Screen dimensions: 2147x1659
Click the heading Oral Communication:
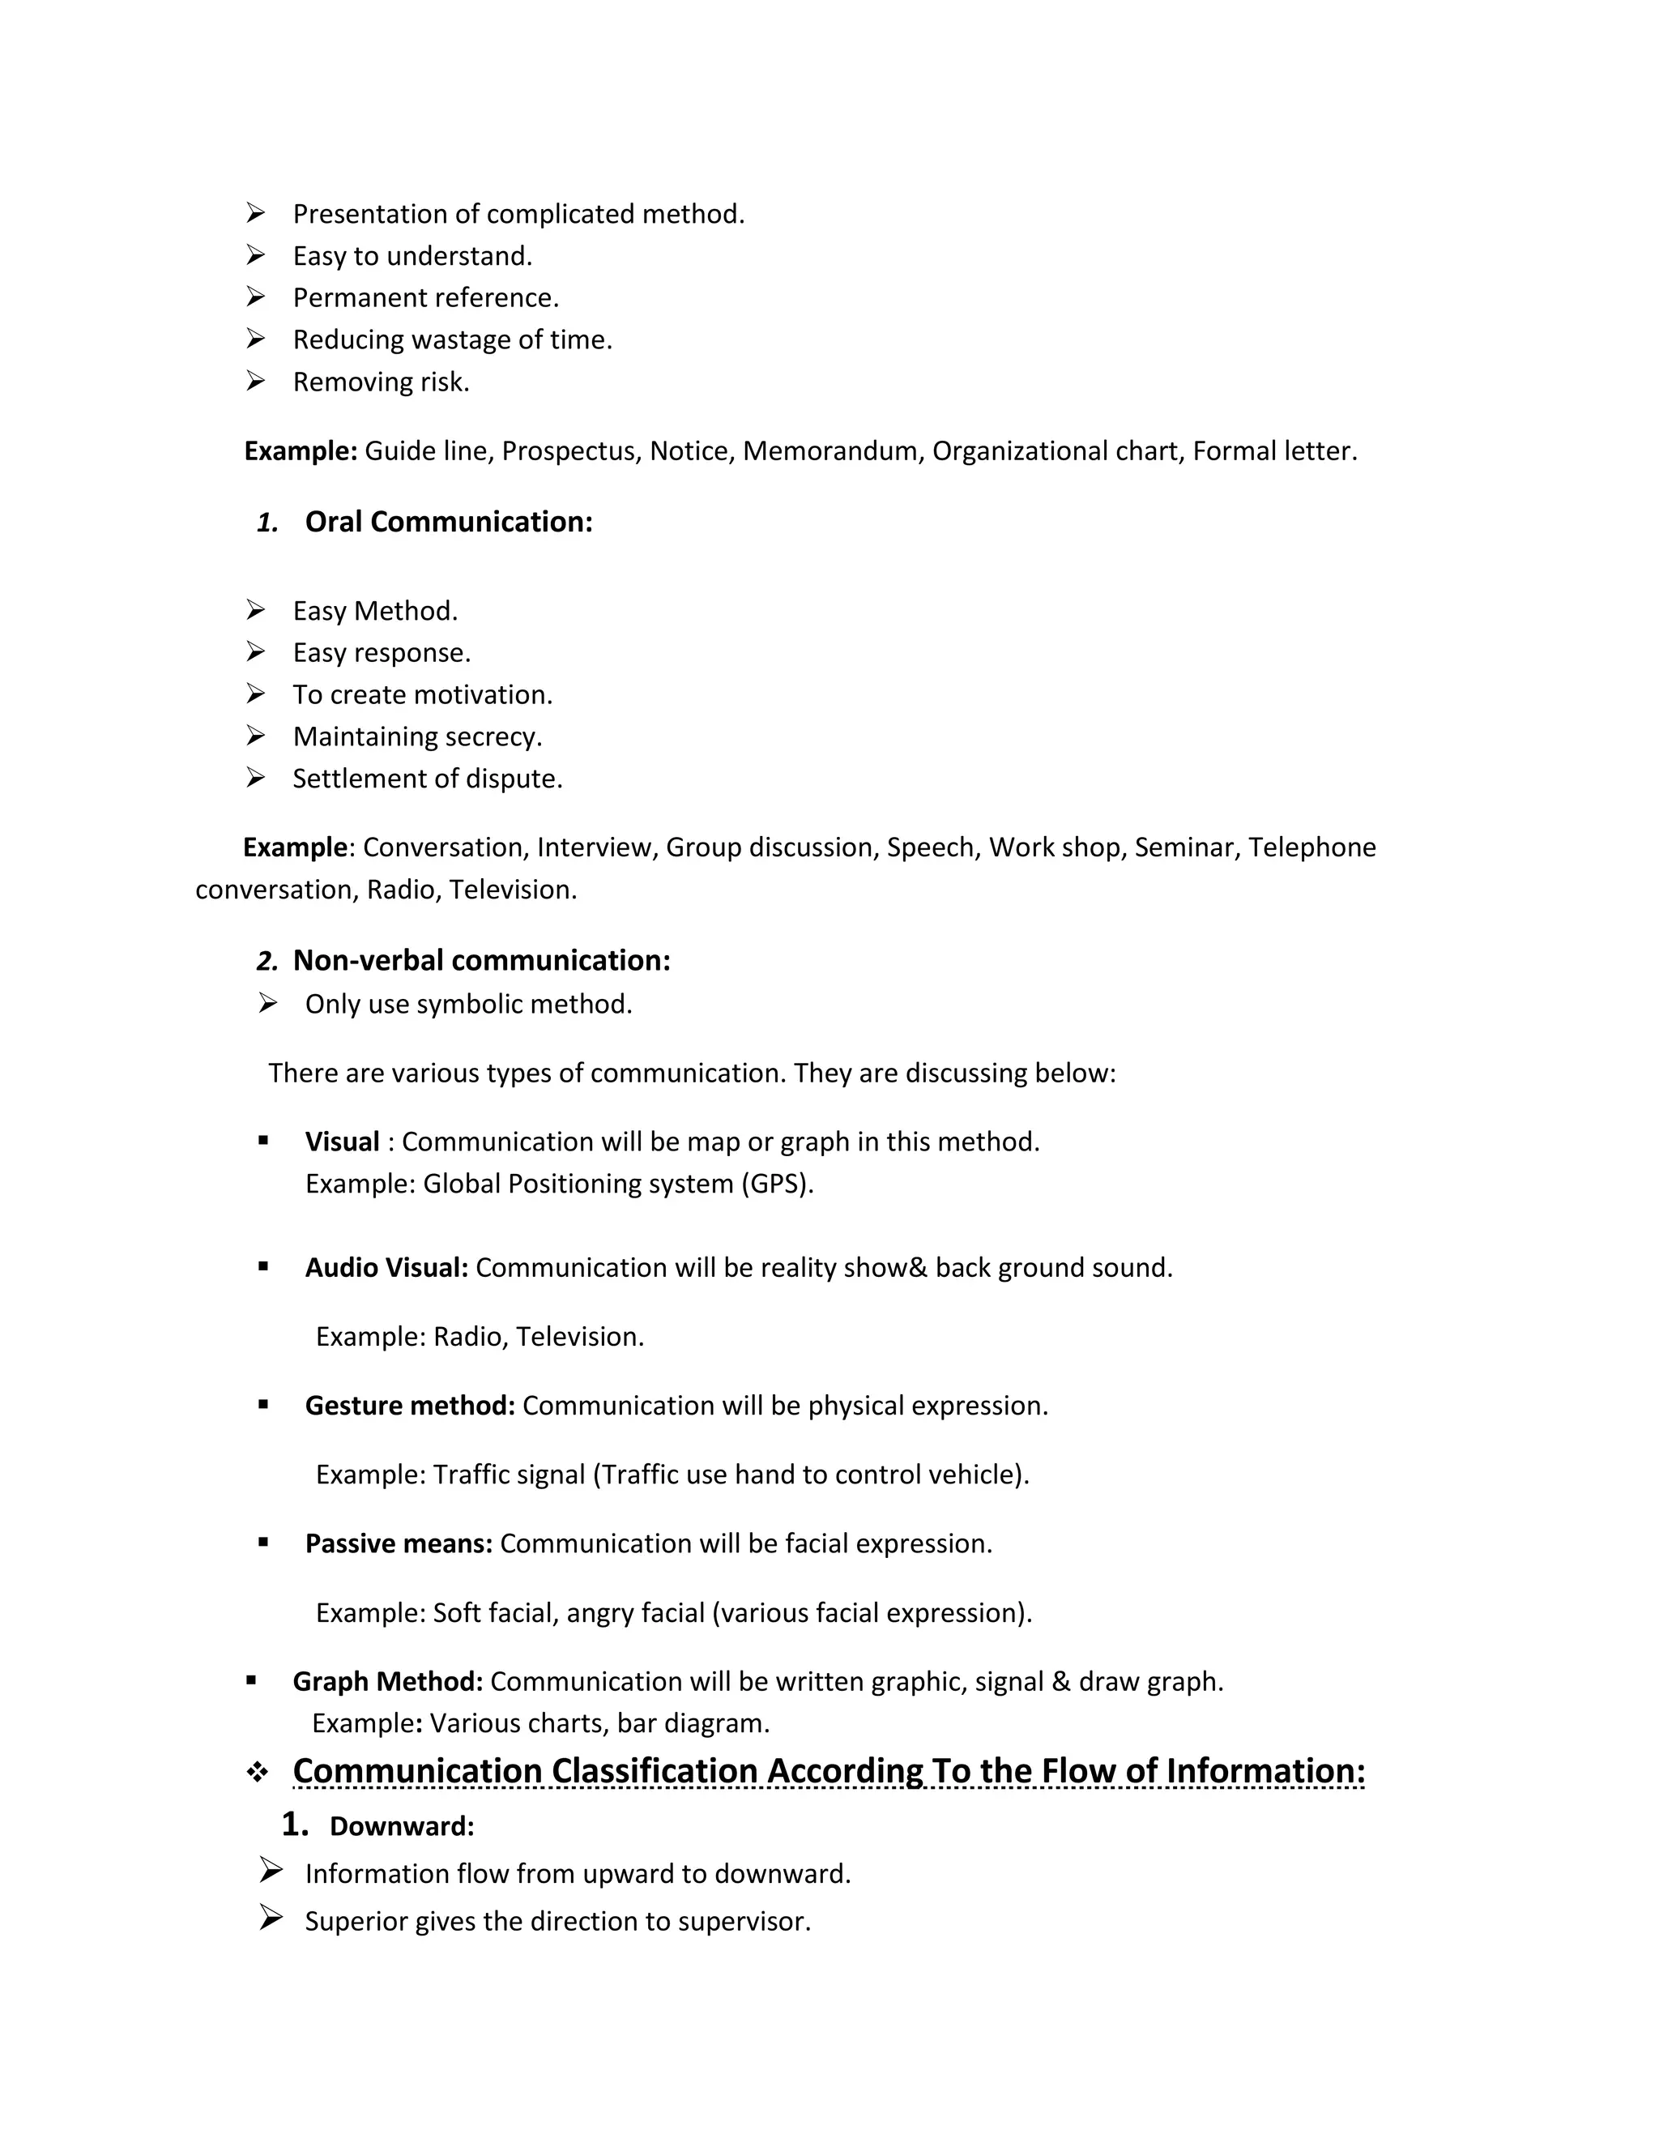point(448,522)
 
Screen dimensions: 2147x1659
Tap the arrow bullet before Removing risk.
point(255,381)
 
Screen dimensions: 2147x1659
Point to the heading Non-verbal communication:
point(482,960)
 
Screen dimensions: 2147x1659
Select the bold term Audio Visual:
point(386,1268)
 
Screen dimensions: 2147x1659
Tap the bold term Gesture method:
point(410,1406)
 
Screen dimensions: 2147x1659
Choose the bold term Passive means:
point(398,1543)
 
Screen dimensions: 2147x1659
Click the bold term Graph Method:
point(387,1681)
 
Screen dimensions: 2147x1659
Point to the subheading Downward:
point(402,1826)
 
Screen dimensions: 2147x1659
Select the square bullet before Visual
point(263,1141)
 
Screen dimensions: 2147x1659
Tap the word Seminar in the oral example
point(1186,847)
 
